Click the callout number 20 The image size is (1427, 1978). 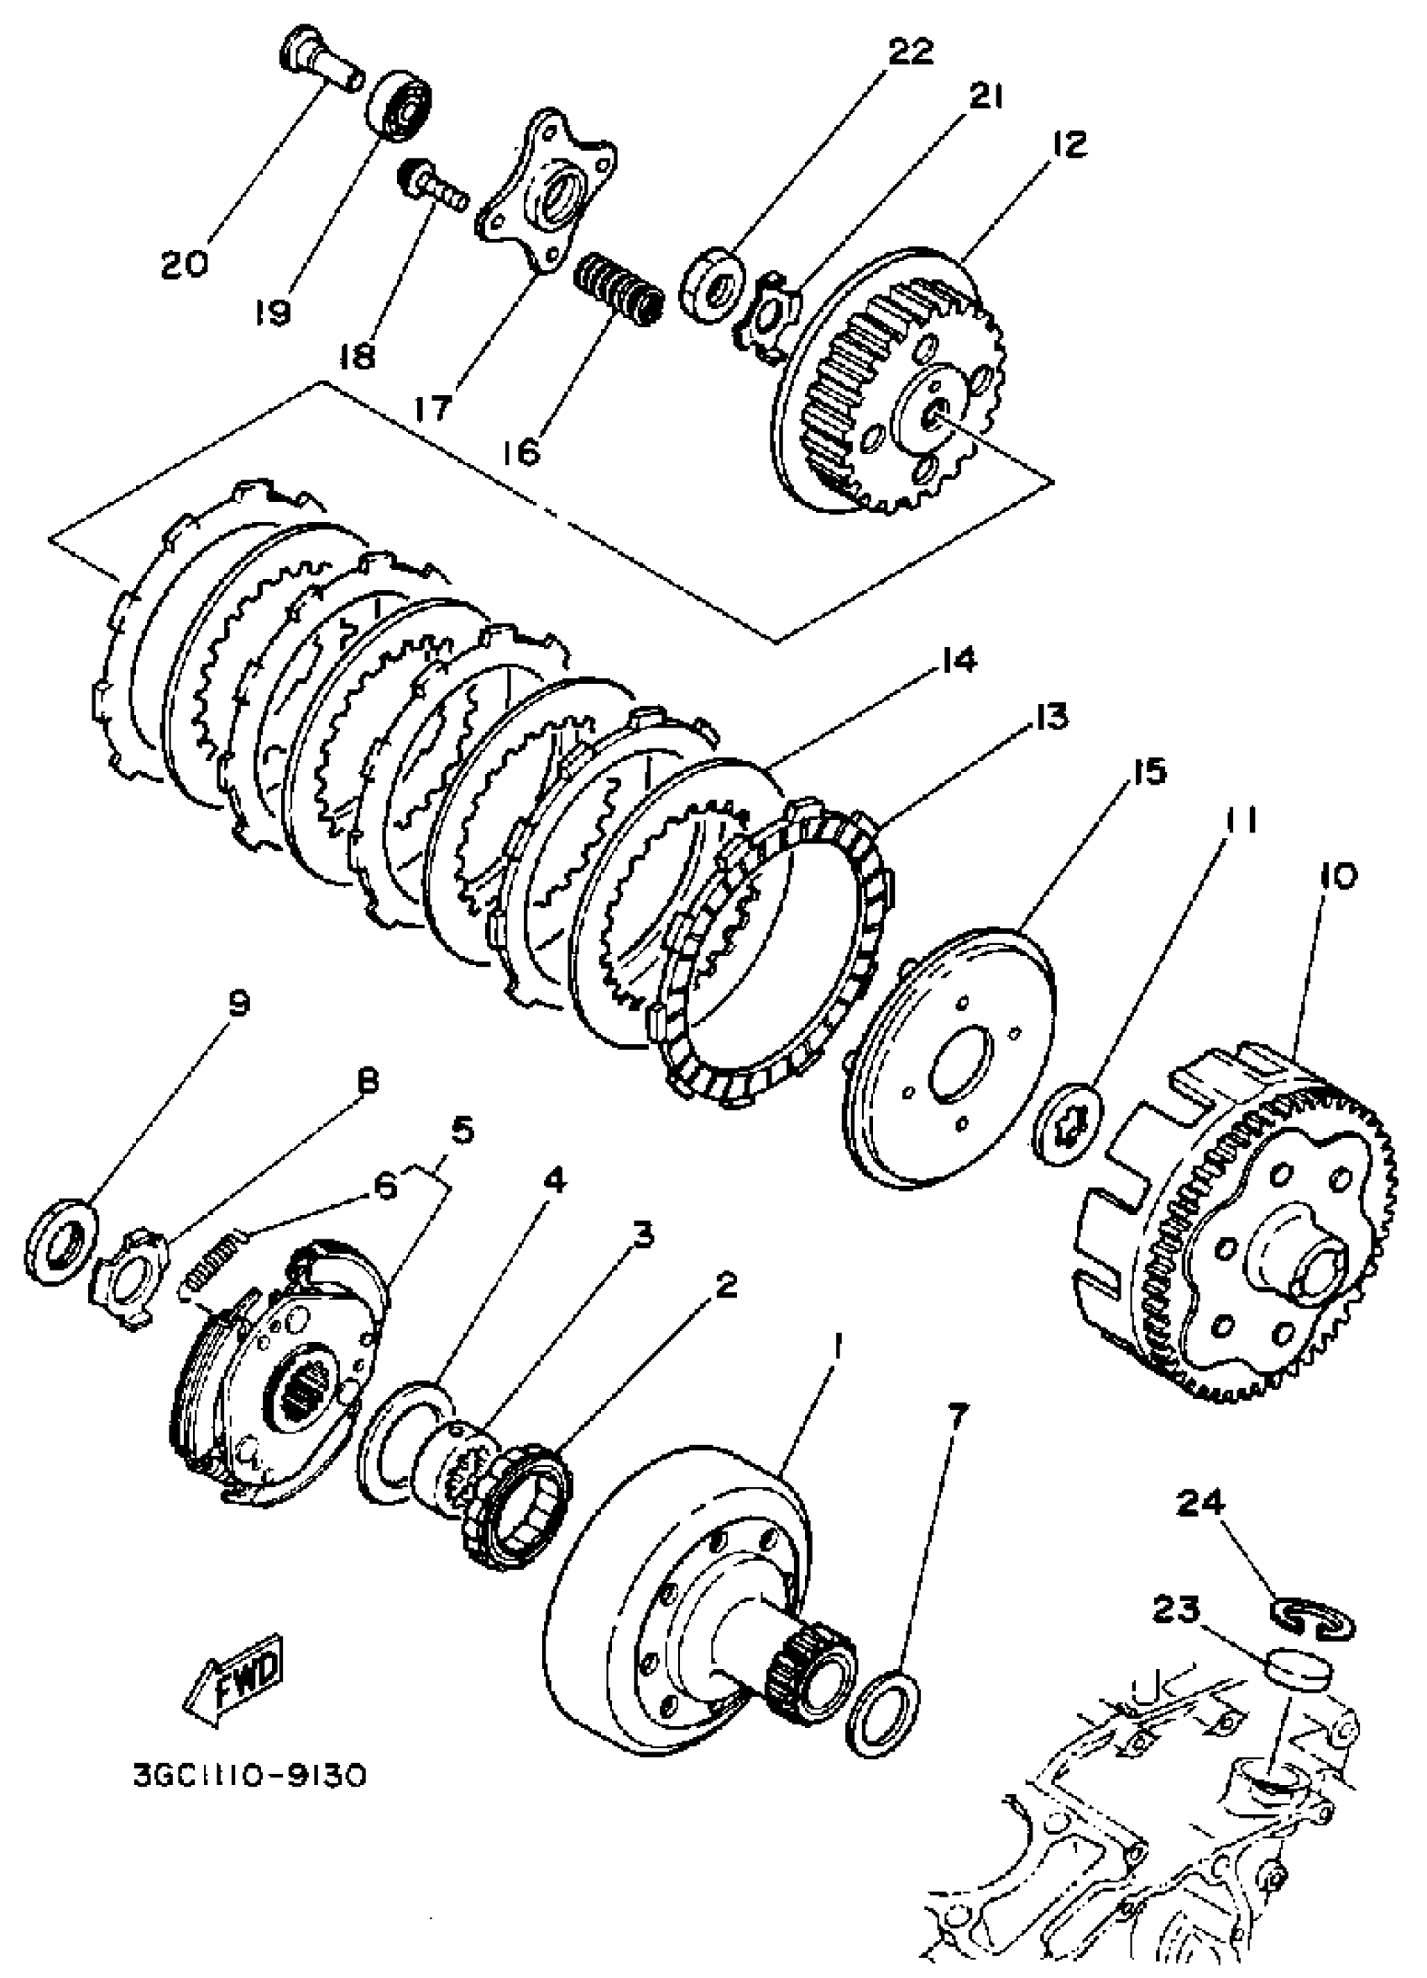pyautogui.click(x=184, y=263)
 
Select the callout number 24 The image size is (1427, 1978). pyautogui.click(x=1200, y=1503)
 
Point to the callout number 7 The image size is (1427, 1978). pyautogui.click(x=959, y=1417)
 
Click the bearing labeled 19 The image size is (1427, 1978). pyautogui.click(x=399, y=104)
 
